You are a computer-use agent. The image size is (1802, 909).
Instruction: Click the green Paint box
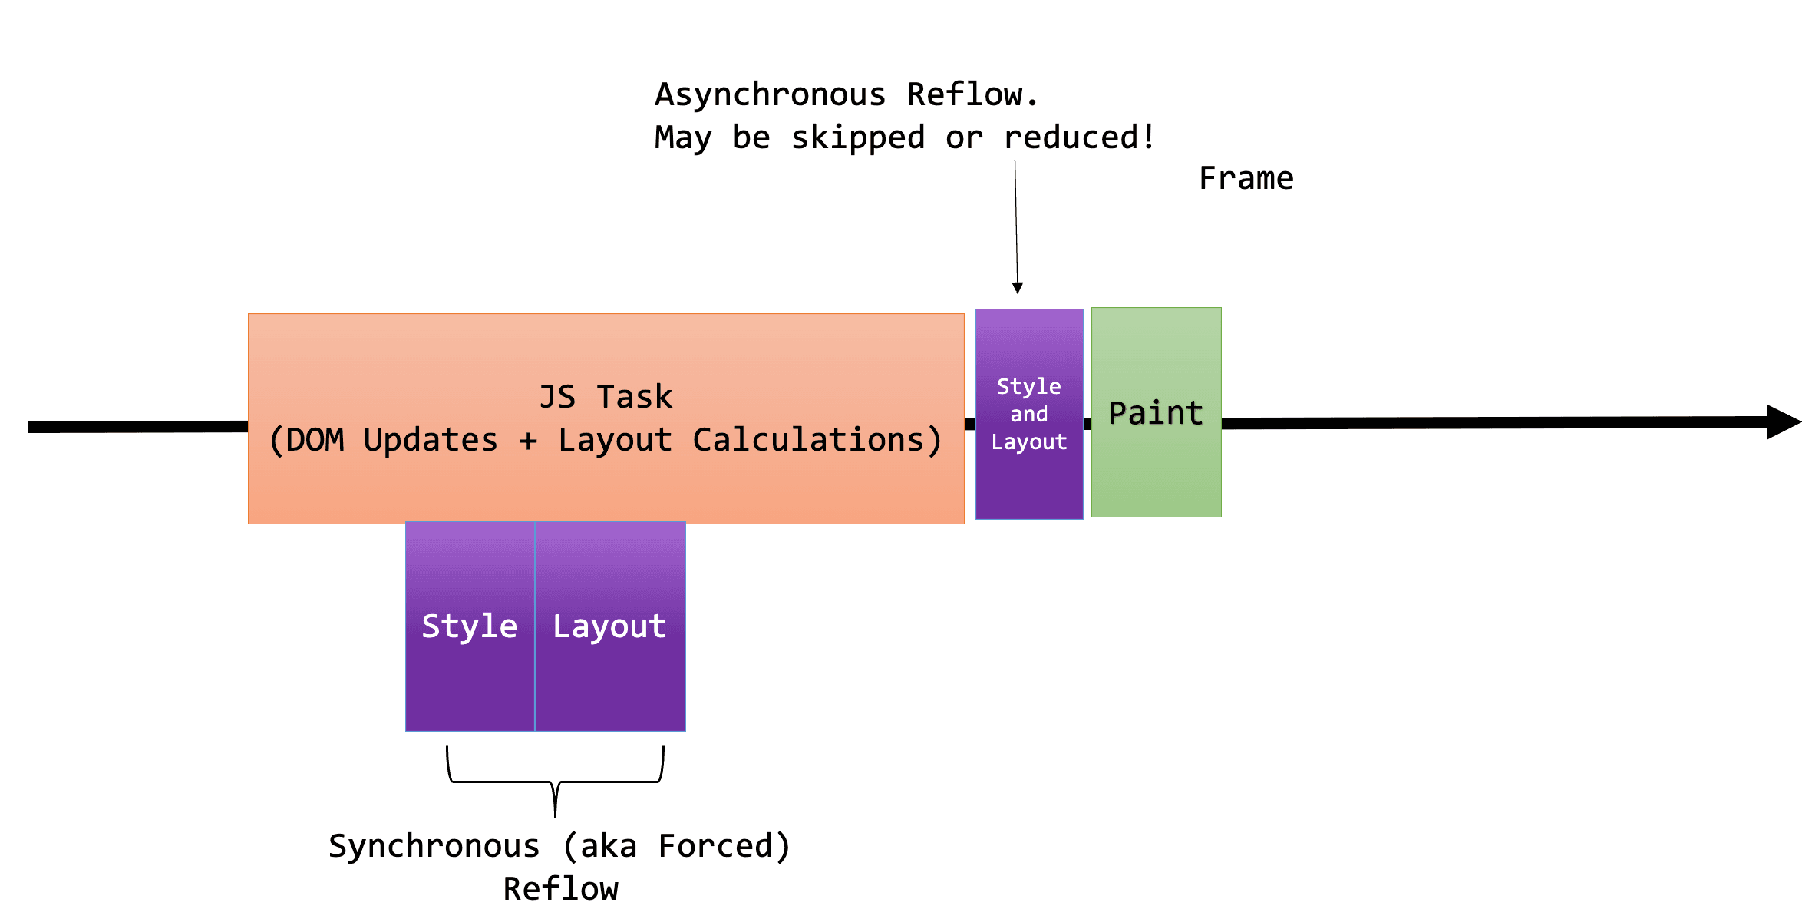pyautogui.click(x=1156, y=461)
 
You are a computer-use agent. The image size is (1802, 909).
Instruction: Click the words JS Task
pyautogui.click(x=606, y=397)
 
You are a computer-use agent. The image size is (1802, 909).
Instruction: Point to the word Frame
pyautogui.click(x=1246, y=178)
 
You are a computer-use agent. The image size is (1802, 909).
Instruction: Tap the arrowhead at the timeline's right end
pyautogui.click(x=1782, y=421)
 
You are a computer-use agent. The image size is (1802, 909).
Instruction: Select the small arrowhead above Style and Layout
pyautogui.click(x=1018, y=288)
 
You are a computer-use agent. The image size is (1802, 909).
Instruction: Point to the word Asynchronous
pyautogui.click(x=770, y=94)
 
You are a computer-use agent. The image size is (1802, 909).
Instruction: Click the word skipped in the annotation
pyautogui.click(x=857, y=138)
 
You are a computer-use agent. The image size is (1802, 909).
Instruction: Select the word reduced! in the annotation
pyautogui.click(x=1078, y=137)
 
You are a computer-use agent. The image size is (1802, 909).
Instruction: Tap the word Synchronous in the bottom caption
pyautogui.click(x=434, y=846)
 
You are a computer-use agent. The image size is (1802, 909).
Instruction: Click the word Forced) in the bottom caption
pyautogui.click(x=724, y=846)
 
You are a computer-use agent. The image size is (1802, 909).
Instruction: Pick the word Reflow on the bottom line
pyautogui.click(x=560, y=889)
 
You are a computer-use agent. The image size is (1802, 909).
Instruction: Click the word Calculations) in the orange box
pyautogui.click(x=817, y=440)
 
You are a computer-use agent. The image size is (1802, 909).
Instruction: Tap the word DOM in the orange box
pyautogui.click(x=315, y=440)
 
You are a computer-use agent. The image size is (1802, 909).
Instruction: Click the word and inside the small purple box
pyautogui.click(x=1028, y=415)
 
